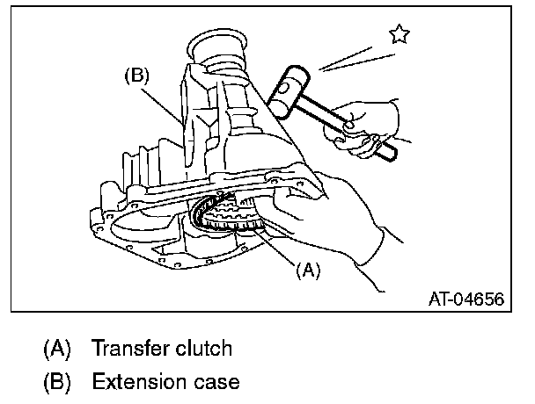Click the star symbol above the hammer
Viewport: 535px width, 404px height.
coord(400,34)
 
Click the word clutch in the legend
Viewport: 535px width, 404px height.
coord(202,349)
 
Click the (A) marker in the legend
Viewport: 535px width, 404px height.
coord(58,349)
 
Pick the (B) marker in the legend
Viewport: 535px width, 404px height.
coord(58,382)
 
